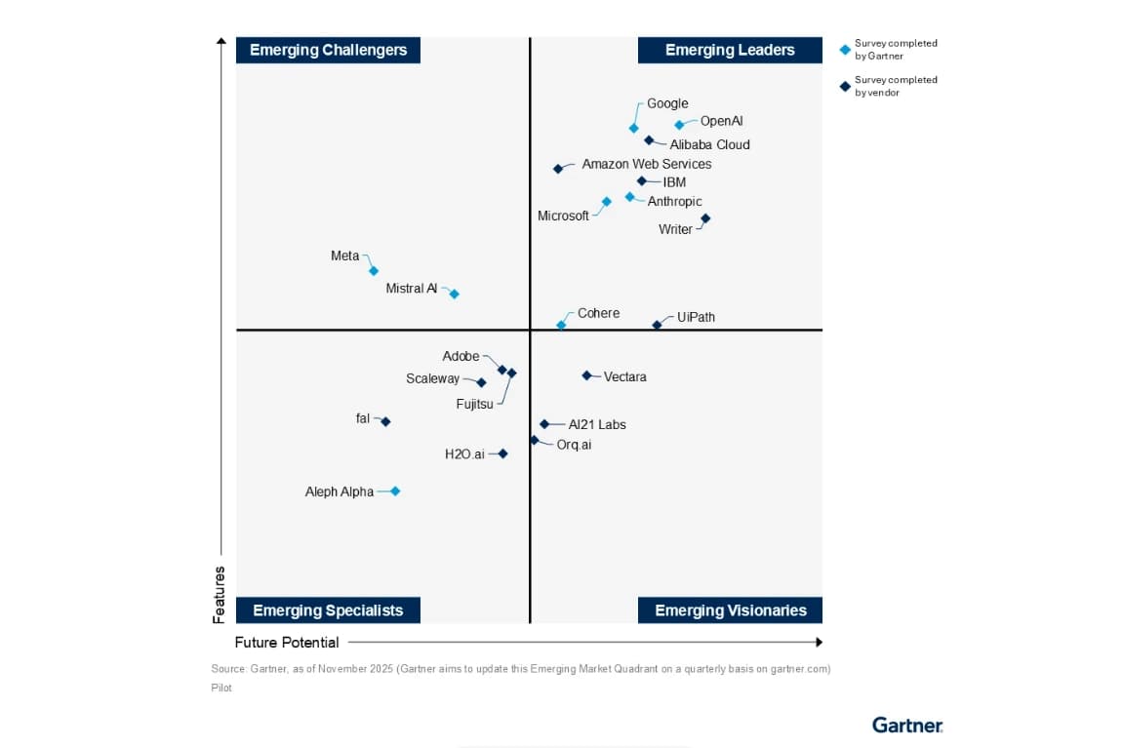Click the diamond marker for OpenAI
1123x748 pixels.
[679, 125]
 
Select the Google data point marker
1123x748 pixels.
[633, 128]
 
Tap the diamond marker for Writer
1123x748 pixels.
[705, 218]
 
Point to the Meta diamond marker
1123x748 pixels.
[373, 271]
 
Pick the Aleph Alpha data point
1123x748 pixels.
[395, 492]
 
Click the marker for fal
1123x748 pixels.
[385, 421]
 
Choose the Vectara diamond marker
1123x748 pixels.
[586, 375]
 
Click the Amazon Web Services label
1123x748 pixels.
[646, 164]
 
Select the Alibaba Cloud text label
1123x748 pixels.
[709, 144]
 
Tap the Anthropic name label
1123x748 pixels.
[674, 202]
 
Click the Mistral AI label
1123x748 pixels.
[411, 289]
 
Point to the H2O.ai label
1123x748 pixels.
[464, 454]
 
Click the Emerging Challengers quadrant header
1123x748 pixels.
[328, 50]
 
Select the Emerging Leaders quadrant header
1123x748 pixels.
[730, 50]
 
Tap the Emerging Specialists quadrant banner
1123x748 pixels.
[328, 610]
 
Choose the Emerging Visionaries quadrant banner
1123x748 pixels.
[730, 610]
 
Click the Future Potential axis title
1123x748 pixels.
[287, 643]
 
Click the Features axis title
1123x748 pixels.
[220, 594]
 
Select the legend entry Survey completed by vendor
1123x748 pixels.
[895, 86]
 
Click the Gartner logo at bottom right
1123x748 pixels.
[906, 725]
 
